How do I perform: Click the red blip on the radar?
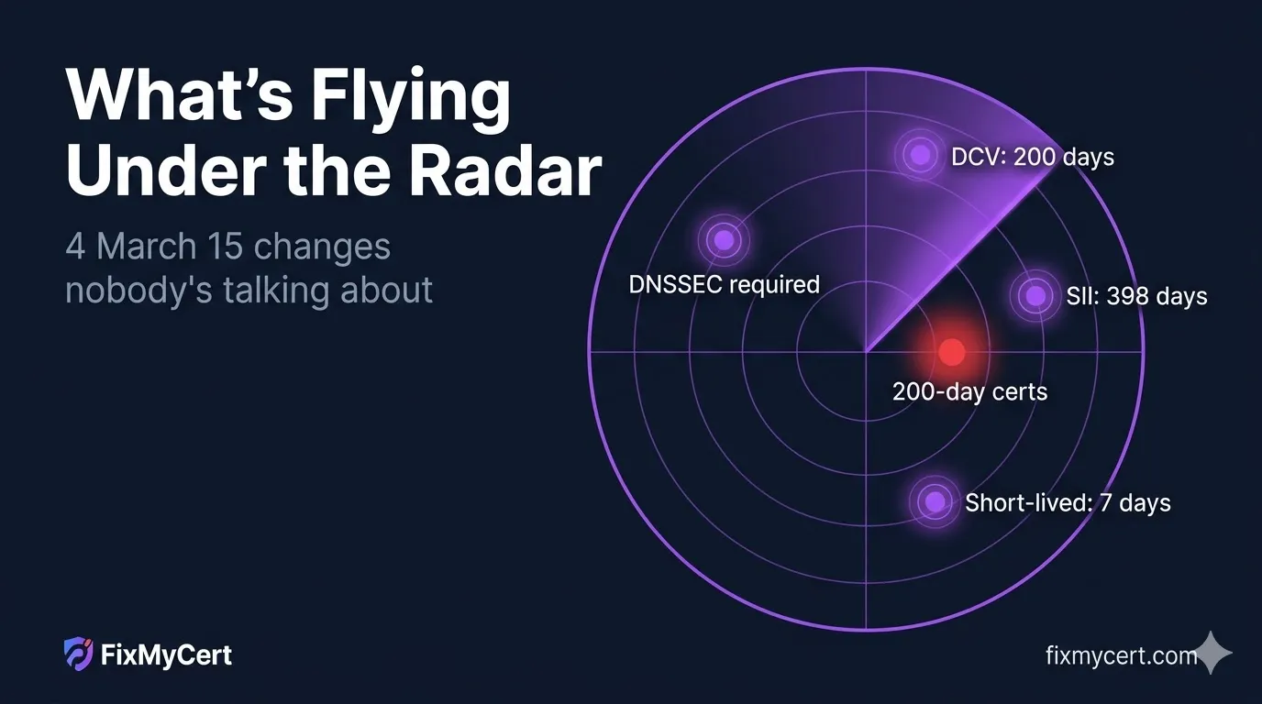(x=952, y=352)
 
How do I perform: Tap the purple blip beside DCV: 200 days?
(x=921, y=154)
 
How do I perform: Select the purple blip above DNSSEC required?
(x=724, y=240)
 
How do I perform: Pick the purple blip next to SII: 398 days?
(x=1035, y=296)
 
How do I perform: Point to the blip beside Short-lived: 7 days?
(x=935, y=500)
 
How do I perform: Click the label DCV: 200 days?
(x=1032, y=157)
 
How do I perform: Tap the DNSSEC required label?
(x=724, y=284)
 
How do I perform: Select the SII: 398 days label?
(x=1136, y=296)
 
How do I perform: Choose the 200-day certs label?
(x=969, y=391)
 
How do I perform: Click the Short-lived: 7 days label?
(x=1068, y=502)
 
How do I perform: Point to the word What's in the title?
(x=180, y=94)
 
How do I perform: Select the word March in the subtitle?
(x=146, y=246)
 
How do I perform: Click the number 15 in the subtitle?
(x=225, y=246)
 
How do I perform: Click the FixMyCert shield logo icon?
(x=78, y=654)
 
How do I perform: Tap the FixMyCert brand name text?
(x=166, y=655)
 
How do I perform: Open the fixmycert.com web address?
(x=1121, y=655)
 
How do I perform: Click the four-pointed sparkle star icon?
(x=1212, y=653)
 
